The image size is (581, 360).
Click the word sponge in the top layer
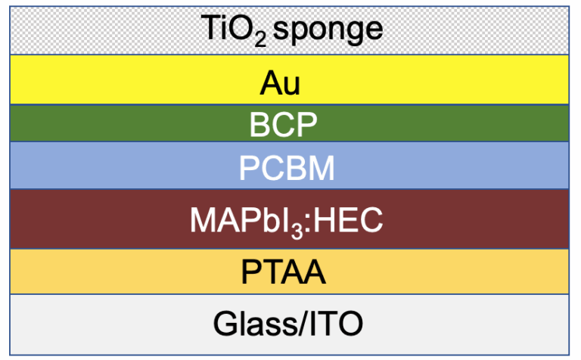(328, 30)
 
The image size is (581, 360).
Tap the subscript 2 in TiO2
(260, 40)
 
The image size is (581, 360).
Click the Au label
(280, 83)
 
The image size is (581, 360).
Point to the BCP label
(284, 125)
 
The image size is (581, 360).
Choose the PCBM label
(287, 168)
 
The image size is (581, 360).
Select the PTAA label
(284, 272)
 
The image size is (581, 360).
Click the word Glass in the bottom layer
(255, 323)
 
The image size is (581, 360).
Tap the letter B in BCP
(259, 125)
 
